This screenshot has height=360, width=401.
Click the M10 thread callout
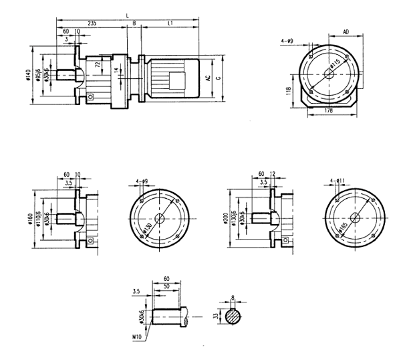[138, 330]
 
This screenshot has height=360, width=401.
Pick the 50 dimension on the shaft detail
[167, 286]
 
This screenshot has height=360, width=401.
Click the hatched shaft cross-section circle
[233, 317]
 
